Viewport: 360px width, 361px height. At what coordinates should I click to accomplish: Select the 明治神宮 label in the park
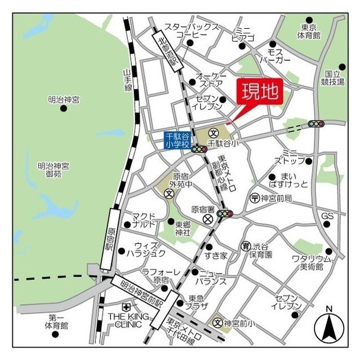click(x=64, y=99)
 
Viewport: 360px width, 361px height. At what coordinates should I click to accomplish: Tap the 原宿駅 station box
click(x=110, y=237)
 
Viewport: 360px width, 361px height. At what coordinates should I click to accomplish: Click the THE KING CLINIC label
click(x=128, y=321)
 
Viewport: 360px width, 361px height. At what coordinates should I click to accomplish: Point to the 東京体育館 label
click(x=309, y=31)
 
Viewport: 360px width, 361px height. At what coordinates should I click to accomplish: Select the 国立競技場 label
click(x=334, y=77)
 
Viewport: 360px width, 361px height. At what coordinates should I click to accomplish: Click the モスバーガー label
click(x=275, y=55)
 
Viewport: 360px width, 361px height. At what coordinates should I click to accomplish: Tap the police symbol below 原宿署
click(x=208, y=218)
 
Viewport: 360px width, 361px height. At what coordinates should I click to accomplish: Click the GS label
click(x=327, y=216)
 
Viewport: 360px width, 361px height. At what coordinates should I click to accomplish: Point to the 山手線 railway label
click(x=127, y=80)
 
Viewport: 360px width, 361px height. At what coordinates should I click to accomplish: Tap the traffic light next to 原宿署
click(x=225, y=214)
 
